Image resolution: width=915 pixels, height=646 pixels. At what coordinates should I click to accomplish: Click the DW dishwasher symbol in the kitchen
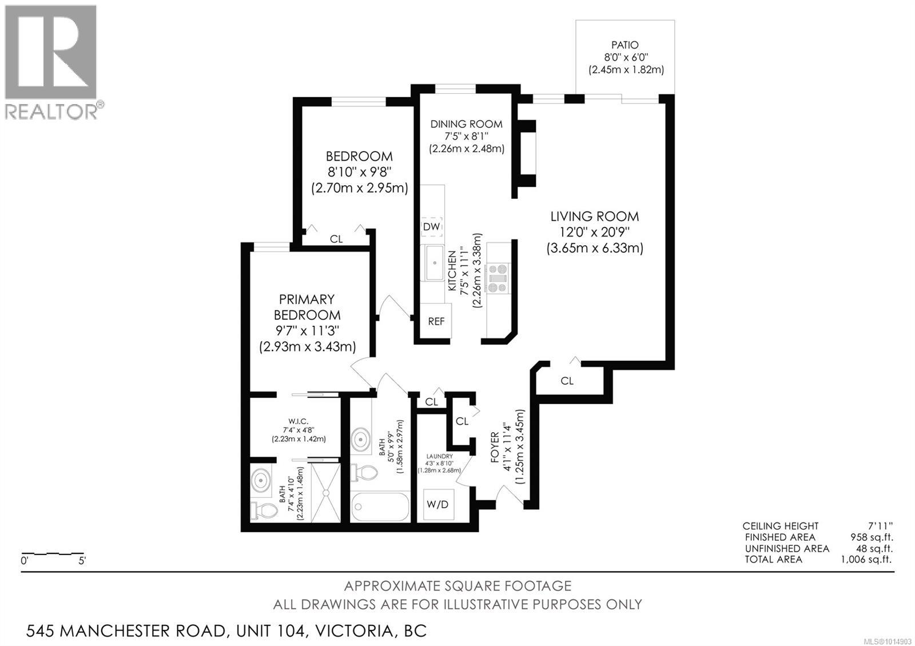point(431,227)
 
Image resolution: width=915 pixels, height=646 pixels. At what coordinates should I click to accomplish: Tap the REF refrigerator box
point(436,321)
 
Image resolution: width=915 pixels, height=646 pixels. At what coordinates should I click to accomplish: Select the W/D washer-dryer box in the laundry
point(439,505)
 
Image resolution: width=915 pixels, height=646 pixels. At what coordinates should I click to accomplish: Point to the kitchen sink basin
point(433,262)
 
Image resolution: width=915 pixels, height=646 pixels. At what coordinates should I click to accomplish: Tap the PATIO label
point(624,45)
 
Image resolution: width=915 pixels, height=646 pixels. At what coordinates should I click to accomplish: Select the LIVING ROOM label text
point(594,217)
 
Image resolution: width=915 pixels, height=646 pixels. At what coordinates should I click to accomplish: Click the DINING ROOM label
point(466,124)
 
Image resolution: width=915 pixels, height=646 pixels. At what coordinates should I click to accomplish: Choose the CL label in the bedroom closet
point(336,239)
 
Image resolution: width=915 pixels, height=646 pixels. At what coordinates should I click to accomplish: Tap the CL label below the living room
point(567,381)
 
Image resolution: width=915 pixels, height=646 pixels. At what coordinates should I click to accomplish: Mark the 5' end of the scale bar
point(82,561)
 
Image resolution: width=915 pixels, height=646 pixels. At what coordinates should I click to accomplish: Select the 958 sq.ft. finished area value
point(872,537)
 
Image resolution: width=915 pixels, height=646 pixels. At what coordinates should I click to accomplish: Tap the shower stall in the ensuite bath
point(325,492)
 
